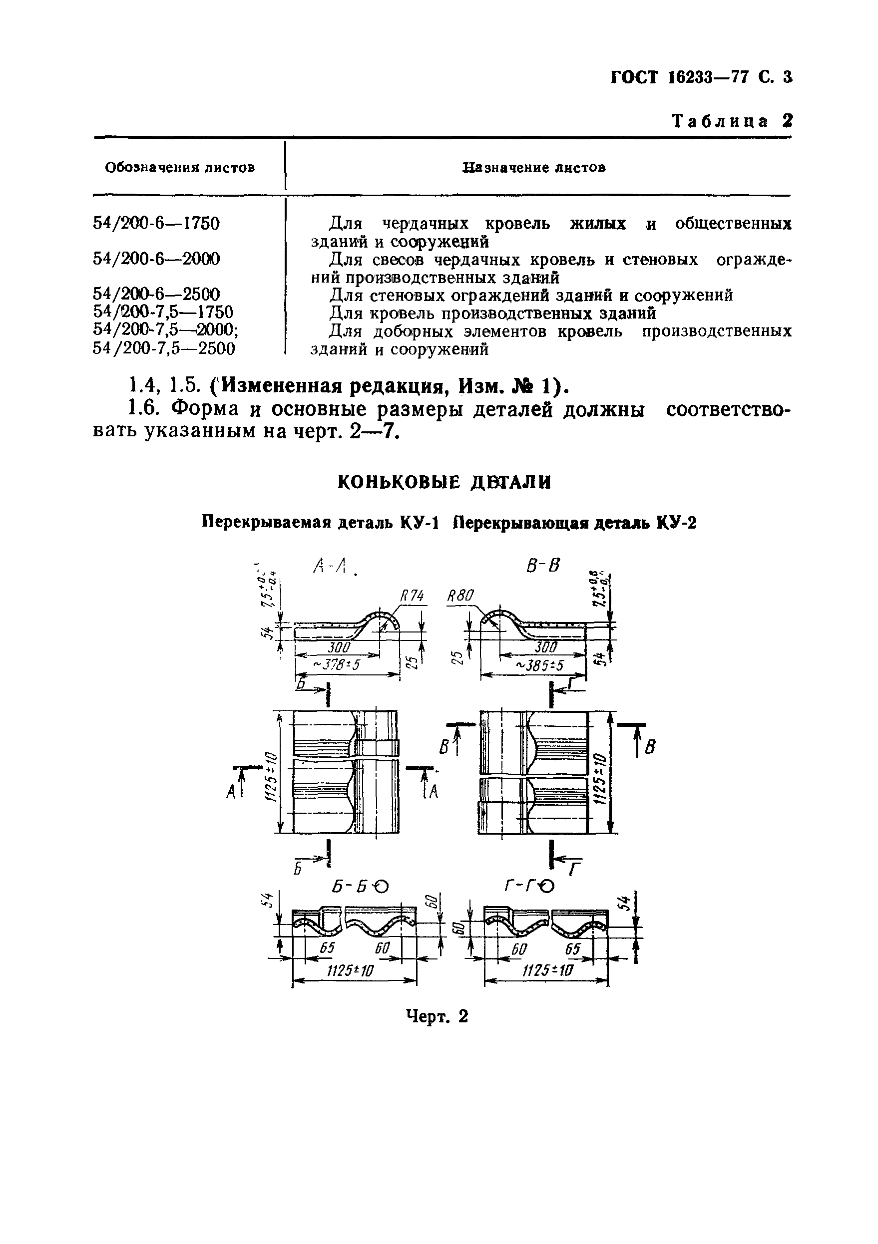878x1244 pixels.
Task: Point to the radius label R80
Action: click(460, 597)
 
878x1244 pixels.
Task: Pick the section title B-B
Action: click(542, 566)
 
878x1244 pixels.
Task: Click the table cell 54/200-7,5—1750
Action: click(163, 312)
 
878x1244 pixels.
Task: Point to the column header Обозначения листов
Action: click(180, 167)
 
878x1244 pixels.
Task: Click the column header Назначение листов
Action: click(534, 167)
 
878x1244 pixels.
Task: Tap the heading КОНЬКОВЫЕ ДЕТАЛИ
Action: click(444, 482)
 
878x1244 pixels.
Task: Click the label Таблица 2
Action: click(732, 121)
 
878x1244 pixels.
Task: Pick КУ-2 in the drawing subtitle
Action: click(676, 523)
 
